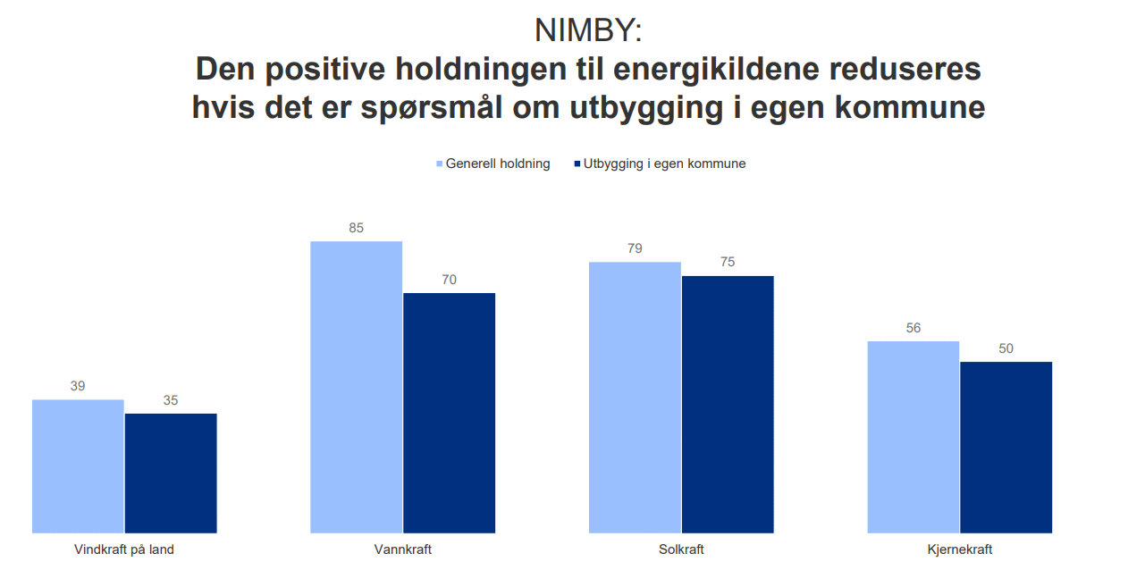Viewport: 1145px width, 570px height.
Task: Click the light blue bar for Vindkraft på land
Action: coord(78,466)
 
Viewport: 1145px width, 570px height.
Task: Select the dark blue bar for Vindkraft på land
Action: coord(171,474)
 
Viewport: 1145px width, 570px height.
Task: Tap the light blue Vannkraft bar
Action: coord(357,387)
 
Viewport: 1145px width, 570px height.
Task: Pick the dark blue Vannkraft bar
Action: coord(450,413)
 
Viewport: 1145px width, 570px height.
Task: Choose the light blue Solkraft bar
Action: coord(635,398)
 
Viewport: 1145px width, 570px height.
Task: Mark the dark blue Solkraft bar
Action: coord(728,405)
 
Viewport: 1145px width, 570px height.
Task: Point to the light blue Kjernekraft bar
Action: coord(913,437)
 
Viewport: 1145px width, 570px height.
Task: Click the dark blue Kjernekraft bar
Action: coord(1006,448)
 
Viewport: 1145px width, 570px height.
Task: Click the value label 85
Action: coord(357,228)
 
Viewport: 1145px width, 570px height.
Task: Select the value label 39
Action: coord(78,386)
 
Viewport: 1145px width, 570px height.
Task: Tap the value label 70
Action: coord(450,280)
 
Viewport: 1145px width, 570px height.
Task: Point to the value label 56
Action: coord(913,328)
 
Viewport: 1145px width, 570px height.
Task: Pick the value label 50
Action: coord(1006,348)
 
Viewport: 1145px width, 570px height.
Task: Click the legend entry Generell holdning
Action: coord(493,163)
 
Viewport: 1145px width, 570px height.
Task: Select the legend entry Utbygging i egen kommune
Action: coord(660,163)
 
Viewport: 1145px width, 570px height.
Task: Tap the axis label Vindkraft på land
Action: coord(124,549)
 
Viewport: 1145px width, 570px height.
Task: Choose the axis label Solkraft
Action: coord(681,549)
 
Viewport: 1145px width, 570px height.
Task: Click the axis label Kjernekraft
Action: coord(960,549)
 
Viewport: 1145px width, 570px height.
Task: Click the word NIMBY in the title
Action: coord(582,30)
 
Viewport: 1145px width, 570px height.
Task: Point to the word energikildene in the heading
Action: coord(717,69)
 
